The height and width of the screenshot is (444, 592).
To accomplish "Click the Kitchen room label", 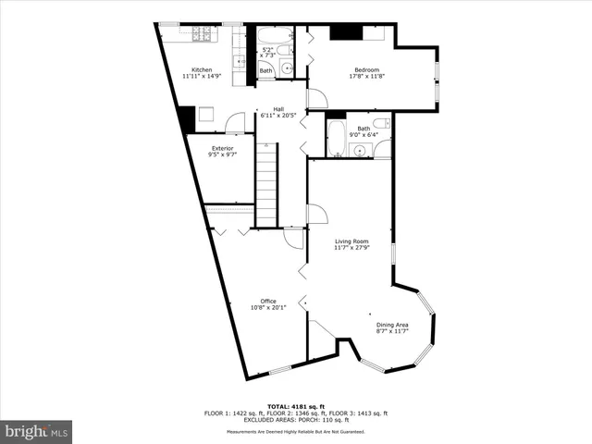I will pyautogui.click(x=202, y=70).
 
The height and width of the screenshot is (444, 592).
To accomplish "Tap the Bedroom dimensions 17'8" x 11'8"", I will pyautogui.click(x=368, y=77).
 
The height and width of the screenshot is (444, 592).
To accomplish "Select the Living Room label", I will pyautogui.click(x=351, y=242).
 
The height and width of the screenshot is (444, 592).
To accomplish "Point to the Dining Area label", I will pyautogui.click(x=391, y=325).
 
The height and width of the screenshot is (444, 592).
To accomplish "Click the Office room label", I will pyautogui.click(x=268, y=301).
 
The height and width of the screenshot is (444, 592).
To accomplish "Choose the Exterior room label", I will pyautogui.click(x=222, y=148).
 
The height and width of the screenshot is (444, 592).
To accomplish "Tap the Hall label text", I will pyautogui.click(x=278, y=108).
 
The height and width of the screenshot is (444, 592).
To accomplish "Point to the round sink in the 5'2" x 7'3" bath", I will pyautogui.click(x=287, y=68).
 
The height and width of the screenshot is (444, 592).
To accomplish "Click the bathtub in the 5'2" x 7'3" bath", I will pyautogui.click(x=275, y=35).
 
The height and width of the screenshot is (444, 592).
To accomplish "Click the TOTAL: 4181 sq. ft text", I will pyautogui.click(x=296, y=406).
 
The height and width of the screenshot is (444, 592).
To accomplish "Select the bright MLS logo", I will pyautogui.click(x=36, y=432).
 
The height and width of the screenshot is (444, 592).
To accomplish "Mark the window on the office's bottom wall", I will pyautogui.click(x=279, y=369).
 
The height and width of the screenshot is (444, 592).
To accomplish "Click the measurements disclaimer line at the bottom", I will pyautogui.click(x=296, y=432).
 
